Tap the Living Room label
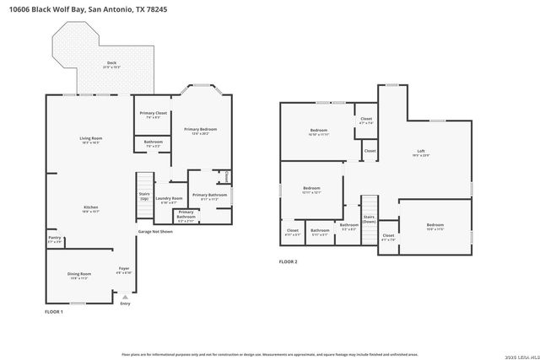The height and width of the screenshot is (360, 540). click(90, 140)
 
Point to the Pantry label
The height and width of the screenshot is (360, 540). click(54, 239)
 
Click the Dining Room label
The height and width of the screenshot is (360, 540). click(79, 276)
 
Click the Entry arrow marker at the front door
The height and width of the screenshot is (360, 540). click(125, 298)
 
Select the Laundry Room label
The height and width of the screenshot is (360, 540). click(168, 200)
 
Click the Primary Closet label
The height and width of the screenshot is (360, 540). click(153, 115)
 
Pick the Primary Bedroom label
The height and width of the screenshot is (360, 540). click(201, 131)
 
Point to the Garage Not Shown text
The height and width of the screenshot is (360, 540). click(156, 231)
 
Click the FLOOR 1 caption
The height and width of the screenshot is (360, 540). click(54, 312)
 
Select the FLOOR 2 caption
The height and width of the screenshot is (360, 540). click(289, 262)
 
